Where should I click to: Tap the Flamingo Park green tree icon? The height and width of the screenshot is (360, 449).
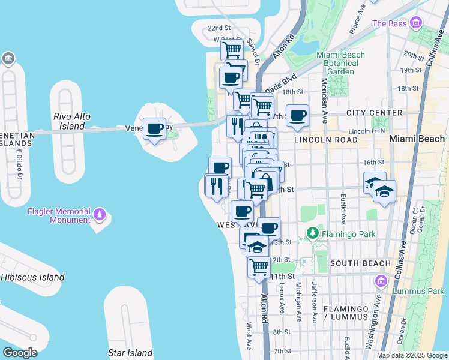click(x=312, y=232)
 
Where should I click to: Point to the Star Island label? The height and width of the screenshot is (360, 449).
click(x=130, y=353)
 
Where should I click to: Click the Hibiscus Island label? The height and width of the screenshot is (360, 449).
click(x=32, y=277)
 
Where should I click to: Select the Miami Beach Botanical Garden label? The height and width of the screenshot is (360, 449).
click(x=341, y=63)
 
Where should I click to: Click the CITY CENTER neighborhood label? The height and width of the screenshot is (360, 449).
click(x=374, y=113)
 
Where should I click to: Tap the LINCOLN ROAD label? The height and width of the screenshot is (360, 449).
click(x=326, y=139)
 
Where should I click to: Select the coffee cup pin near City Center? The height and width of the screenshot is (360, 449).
click(x=297, y=115)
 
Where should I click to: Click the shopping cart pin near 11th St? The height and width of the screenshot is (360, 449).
click(x=259, y=266)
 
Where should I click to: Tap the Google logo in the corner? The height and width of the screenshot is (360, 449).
click(x=19, y=353)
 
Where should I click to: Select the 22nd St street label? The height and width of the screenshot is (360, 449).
click(x=219, y=28)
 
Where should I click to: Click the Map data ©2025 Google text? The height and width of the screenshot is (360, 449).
click(x=412, y=355)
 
